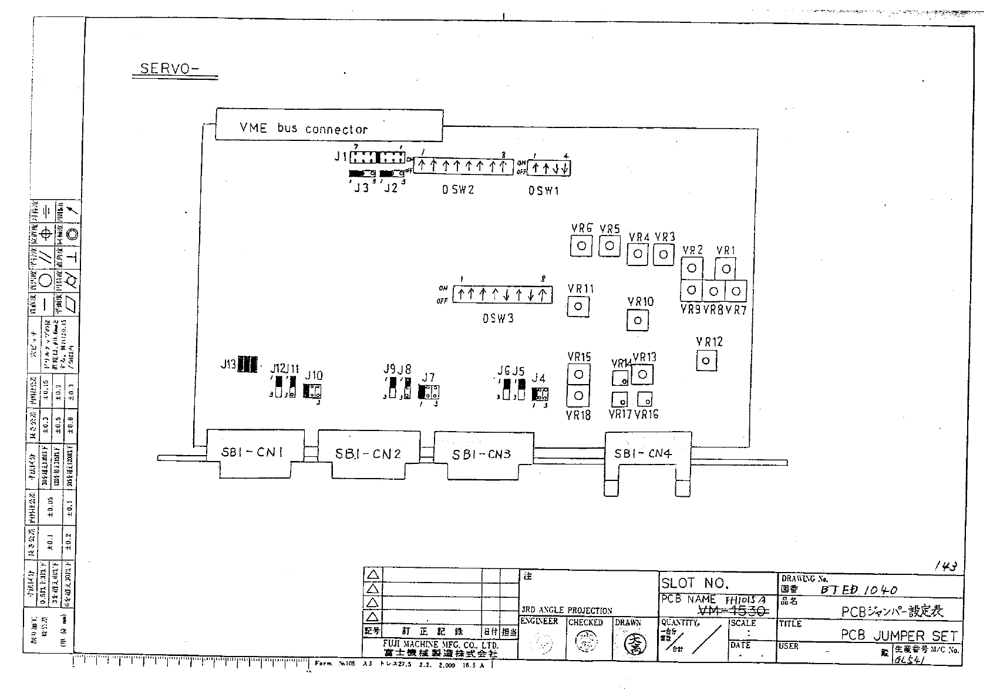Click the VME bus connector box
(329, 125)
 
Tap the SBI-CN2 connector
(368, 453)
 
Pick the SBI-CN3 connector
(483, 454)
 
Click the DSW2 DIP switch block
(461, 166)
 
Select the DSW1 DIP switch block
(549, 168)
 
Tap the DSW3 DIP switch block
(502, 294)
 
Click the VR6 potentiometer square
(581, 245)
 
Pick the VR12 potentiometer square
(706, 360)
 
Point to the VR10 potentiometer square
(638, 320)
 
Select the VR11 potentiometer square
(578, 306)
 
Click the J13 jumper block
(248, 365)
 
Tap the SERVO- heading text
(169, 69)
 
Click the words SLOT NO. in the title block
(695, 583)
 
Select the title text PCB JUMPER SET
(898, 635)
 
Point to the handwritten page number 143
(946, 566)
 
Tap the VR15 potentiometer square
(579, 374)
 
